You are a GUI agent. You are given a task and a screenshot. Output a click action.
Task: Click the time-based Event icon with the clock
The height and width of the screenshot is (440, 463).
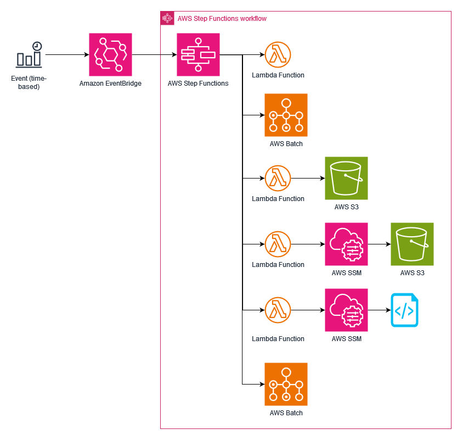tap(29, 54)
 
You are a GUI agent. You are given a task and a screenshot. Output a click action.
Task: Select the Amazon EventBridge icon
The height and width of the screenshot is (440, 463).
tap(110, 54)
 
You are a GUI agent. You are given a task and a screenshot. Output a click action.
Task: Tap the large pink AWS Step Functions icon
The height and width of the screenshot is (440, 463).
tap(198, 54)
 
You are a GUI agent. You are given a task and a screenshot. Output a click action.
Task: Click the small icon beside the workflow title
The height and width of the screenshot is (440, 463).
tap(167, 18)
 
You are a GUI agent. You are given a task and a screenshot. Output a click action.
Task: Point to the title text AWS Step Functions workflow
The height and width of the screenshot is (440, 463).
tap(222, 19)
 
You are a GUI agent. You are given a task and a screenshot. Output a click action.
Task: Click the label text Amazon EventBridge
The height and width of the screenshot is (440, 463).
tap(110, 83)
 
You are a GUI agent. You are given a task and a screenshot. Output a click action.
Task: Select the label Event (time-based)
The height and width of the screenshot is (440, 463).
tap(29, 82)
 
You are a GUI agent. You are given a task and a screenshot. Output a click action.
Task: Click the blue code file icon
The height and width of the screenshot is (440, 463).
tap(404, 310)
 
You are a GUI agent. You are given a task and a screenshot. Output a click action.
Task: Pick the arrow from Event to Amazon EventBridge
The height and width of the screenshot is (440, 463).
tap(66, 54)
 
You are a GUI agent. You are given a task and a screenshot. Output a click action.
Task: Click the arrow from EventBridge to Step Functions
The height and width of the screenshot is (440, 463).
tap(154, 54)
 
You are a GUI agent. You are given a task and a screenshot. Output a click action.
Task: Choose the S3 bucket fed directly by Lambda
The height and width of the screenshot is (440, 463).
tap(346, 178)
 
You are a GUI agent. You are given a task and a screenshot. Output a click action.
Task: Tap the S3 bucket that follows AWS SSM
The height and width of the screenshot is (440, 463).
tap(412, 244)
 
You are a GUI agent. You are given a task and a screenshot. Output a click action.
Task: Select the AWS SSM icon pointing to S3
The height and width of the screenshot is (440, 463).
tap(346, 244)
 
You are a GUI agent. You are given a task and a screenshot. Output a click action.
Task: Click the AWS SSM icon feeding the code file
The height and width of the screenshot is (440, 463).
tap(346, 310)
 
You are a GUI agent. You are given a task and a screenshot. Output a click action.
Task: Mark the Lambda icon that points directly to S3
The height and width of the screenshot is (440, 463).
tap(278, 178)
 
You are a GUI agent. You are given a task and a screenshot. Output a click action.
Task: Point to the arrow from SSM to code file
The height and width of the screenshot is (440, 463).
tap(379, 310)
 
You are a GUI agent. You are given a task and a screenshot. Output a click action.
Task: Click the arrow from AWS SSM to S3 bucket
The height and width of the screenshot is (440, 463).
tap(379, 244)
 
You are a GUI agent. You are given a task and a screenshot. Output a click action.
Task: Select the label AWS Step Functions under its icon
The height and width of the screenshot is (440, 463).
tap(198, 83)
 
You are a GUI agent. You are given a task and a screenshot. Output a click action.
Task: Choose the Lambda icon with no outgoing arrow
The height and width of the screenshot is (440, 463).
tap(278, 54)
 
